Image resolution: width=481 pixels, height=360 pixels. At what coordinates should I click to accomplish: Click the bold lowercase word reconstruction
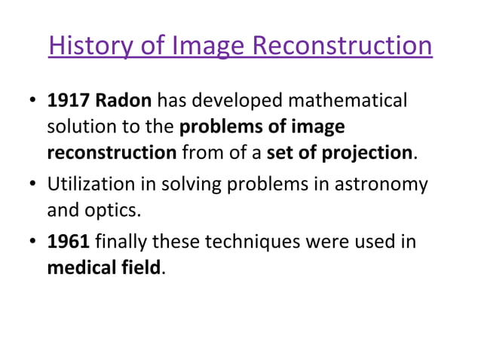click(x=112, y=153)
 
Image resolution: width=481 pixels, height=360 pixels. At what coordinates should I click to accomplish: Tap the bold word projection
click(x=366, y=153)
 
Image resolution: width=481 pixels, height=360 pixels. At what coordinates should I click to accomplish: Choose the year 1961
click(x=67, y=243)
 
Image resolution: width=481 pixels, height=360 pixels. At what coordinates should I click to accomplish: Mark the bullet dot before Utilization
click(x=32, y=185)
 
